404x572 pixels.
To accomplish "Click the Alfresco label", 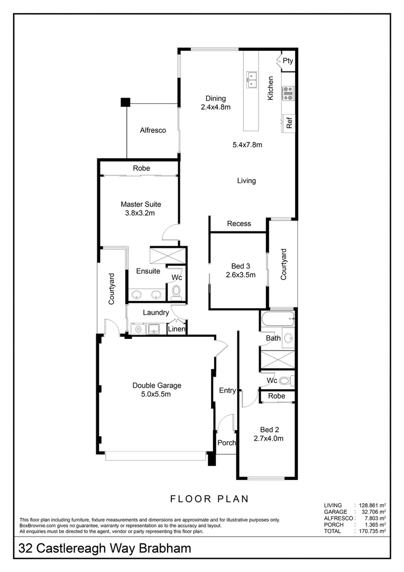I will (153, 130).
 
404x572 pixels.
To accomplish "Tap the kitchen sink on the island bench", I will (251, 79).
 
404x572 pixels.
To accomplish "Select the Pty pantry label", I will (287, 61).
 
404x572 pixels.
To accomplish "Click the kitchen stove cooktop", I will (288, 94).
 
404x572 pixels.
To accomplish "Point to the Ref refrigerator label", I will (289, 123).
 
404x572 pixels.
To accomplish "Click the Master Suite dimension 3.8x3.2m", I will (141, 213).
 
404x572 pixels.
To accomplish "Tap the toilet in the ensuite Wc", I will (176, 292).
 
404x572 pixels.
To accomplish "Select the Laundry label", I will (155, 312).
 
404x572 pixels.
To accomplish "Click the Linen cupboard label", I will (177, 329).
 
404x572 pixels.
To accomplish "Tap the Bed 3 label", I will (239, 266).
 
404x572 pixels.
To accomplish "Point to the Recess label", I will (239, 224).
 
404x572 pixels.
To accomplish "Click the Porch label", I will (227, 443).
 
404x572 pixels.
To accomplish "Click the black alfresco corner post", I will (125, 102).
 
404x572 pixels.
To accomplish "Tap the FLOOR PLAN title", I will (209, 498).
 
